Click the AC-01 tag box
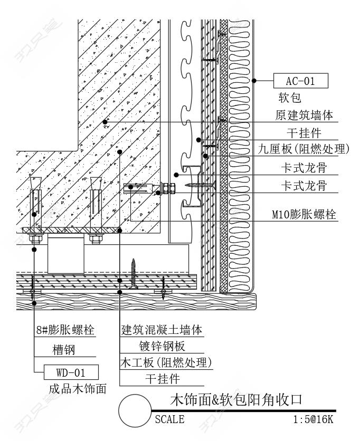300,81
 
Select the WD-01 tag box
71,372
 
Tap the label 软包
290,98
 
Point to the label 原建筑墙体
304,115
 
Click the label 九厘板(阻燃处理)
304,149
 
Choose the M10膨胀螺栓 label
304,215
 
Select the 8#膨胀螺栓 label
65,330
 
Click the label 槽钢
64,350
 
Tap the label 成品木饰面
78,389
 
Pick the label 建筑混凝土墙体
162,330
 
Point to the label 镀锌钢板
162,346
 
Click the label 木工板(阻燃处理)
166,363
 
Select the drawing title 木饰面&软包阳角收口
236,400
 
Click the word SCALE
169,419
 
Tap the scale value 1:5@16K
313,419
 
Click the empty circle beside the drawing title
135,395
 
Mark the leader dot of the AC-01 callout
254,81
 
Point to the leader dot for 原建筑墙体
105,122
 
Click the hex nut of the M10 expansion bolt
168,189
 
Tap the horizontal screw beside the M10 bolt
201,185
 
